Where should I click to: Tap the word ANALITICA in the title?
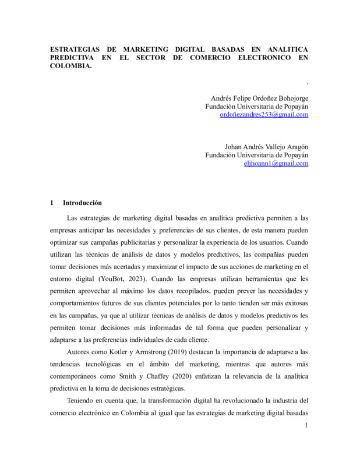coord(284,49)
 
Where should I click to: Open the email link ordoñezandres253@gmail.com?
coord(264,115)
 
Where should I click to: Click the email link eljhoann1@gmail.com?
coord(276,164)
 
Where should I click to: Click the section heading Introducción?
coord(82,203)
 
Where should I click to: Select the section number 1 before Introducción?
coord(53,203)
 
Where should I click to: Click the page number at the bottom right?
coord(306,426)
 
